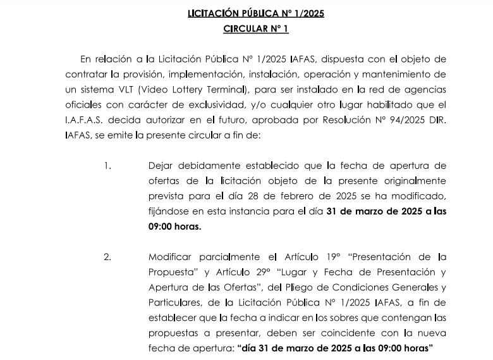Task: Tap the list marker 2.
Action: pyautogui.click(x=107, y=258)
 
